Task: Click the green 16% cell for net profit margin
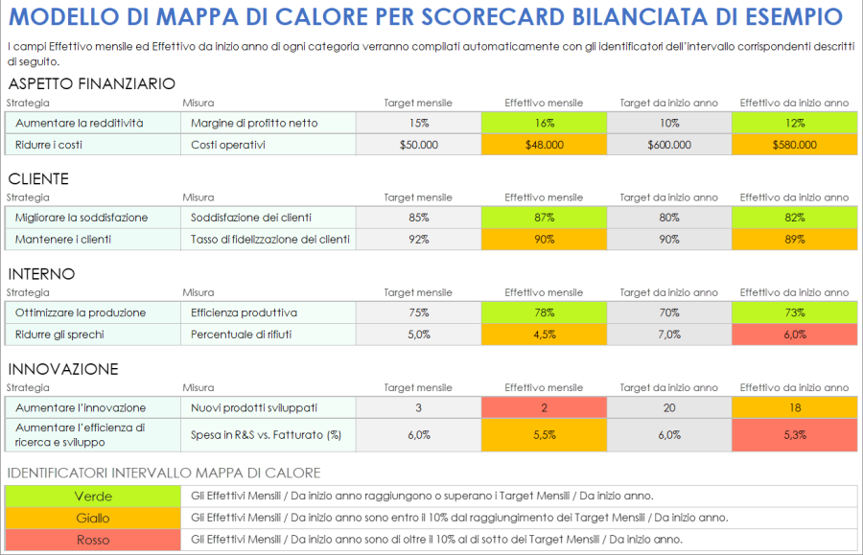click(544, 123)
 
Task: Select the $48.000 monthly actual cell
click(544, 145)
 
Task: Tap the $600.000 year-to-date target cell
click(668, 145)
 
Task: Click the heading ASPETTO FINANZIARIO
click(91, 84)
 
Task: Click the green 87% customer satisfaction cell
click(544, 218)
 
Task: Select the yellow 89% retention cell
click(794, 239)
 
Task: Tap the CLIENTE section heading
click(38, 179)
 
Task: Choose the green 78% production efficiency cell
click(544, 312)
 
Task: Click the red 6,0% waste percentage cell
click(794, 335)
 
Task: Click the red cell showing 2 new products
click(544, 407)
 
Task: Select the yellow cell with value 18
click(794, 407)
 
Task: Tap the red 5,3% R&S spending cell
click(794, 434)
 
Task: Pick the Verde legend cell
click(93, 497)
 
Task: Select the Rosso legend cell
click(93, 540)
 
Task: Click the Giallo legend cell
click(93, 519)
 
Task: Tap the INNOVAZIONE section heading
click(63, 369)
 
